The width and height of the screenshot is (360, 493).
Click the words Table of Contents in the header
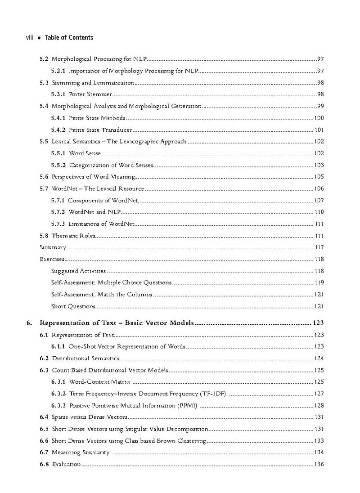69,38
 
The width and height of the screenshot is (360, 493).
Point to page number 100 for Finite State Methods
319,118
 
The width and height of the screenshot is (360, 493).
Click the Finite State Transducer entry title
100,130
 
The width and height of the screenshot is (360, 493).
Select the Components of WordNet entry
103,200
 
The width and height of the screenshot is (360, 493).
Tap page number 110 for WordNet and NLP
319,212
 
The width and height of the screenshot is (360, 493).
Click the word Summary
53,247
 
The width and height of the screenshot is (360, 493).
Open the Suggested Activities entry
79,271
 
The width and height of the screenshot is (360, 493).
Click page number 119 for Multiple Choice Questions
319,282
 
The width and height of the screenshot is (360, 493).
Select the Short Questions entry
73,306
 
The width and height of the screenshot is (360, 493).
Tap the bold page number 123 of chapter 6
318,323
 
